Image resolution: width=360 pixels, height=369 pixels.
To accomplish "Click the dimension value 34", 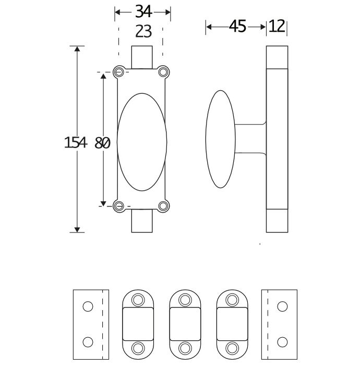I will pos(143,11).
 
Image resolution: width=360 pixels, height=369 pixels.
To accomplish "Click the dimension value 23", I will pos(143,32).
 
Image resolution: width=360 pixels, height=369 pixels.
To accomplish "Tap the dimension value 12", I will pos(277,27).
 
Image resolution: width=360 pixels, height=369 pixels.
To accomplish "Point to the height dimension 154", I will pos(75,142).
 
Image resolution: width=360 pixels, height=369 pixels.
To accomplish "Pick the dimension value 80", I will pos(103,142).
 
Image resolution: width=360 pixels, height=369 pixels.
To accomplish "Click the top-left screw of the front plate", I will pos(120,71).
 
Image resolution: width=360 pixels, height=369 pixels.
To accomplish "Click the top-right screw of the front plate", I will pos(164,71).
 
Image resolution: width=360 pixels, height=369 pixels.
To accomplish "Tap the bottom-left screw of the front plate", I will pos(120,206).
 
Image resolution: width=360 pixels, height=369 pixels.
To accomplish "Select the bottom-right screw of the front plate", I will pos(164,206).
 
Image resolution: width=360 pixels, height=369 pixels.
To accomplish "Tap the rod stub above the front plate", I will pos(142,57).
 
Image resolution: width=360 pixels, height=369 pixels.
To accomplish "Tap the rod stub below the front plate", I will pos(142,221).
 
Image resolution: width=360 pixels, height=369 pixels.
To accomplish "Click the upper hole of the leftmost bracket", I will pos(88,306).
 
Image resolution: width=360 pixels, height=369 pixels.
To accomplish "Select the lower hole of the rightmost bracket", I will pos(282,342).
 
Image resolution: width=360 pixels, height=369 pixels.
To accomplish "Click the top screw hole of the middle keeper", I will pos(184,299).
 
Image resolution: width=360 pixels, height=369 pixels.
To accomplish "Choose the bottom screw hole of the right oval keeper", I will pos(231,348).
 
